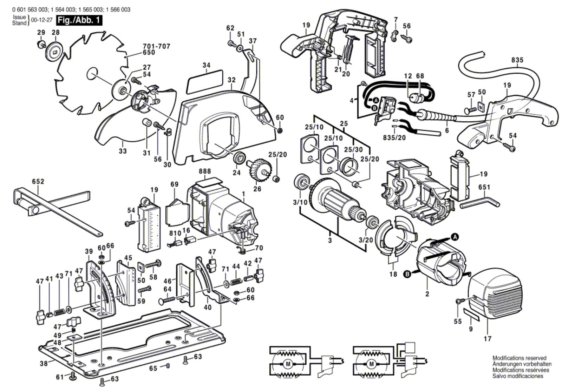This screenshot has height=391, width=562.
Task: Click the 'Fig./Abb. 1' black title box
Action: tap(79, 20)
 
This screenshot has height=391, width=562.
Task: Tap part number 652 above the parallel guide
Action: tap(38, 181)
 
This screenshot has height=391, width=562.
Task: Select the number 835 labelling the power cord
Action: tap(517, 60)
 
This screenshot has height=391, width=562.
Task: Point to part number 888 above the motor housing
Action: tap(205, 171)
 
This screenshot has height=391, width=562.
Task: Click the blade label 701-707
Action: tap(157, 46)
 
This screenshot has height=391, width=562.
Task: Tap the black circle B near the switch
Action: tap(374, 108)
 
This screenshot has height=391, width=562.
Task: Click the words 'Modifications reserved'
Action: tap(519, 358)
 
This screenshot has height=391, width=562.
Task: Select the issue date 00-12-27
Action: tap(42, 20)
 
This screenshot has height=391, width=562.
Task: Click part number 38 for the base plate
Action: tap(44, 363)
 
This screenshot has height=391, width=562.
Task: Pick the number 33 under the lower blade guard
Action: tap(123, 151)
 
